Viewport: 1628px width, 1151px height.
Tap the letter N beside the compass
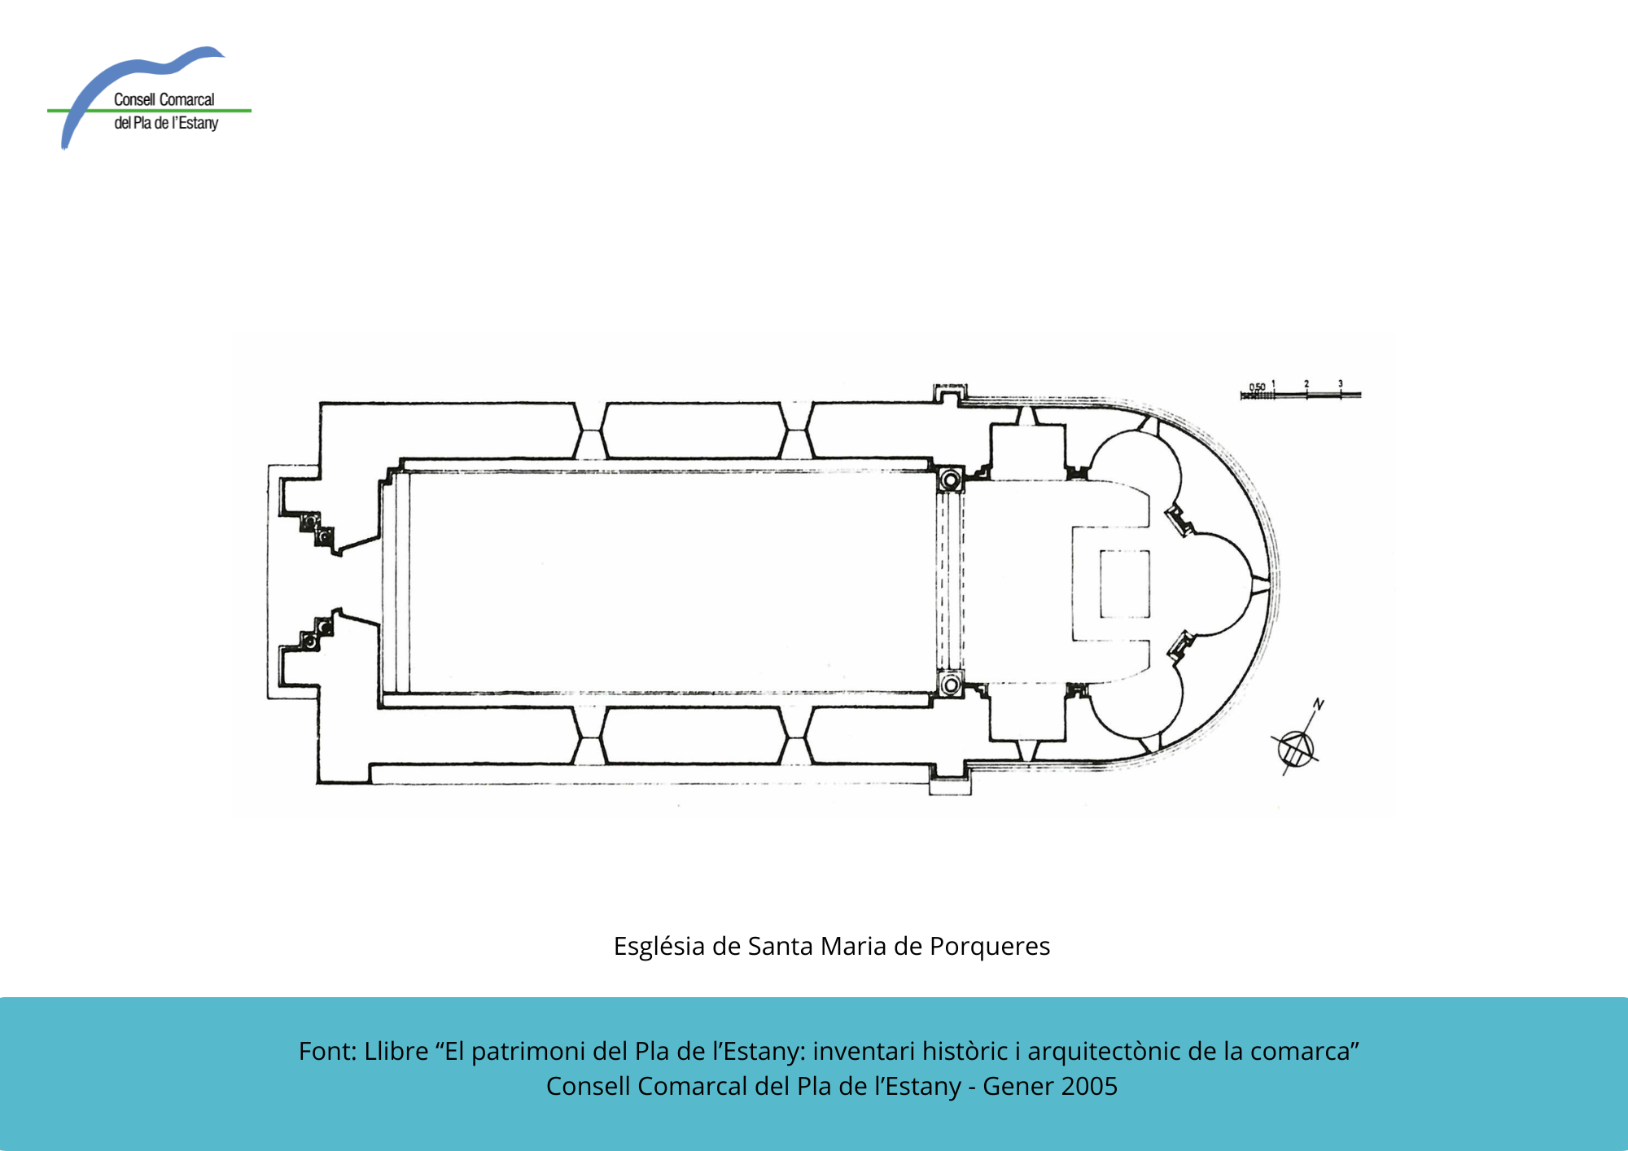pos(1319,704)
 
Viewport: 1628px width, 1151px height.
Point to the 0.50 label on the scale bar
pos(1258,387)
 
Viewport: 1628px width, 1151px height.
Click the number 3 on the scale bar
pos(1341,383)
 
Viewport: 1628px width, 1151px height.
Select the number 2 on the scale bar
pos(1306,383)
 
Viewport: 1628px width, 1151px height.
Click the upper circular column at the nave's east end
pos(950,480)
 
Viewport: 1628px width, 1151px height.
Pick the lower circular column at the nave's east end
pos(950,685)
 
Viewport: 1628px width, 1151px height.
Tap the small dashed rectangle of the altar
pos(1125,584)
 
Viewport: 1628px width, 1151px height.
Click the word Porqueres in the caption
pos(990,947)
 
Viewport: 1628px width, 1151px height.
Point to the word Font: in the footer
pos(328,1051)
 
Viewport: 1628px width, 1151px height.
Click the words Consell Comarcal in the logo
pos(164,99)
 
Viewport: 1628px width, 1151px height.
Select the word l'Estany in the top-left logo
pos(195,123)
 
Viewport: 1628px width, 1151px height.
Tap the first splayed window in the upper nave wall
pos(590,431)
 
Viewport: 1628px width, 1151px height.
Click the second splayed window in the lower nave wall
pos(796,736)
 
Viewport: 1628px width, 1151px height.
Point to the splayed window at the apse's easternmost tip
pos(1260,580)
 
